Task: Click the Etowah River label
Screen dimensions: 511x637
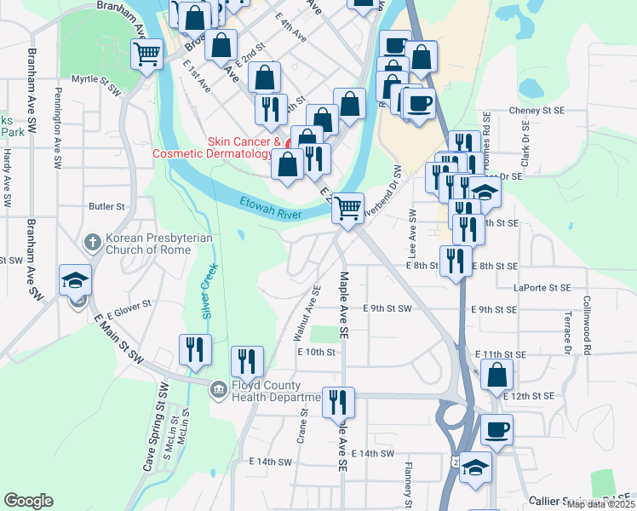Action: click(269, 207)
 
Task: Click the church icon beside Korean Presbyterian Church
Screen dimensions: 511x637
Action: click(93, 243)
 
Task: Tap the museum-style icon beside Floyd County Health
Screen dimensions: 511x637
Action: click(219, 389)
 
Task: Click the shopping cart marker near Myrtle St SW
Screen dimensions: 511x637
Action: click(146, 55)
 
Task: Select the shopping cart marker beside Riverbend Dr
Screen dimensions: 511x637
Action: click(347, 207)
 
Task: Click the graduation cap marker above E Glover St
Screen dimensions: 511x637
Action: click(75, 279)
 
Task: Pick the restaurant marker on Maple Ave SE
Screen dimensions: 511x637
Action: click(338, 399)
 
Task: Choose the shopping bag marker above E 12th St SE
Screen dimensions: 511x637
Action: click(496, 374)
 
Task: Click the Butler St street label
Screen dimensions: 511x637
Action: click(107, 206)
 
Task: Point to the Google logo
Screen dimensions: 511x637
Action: click(28, 501)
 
